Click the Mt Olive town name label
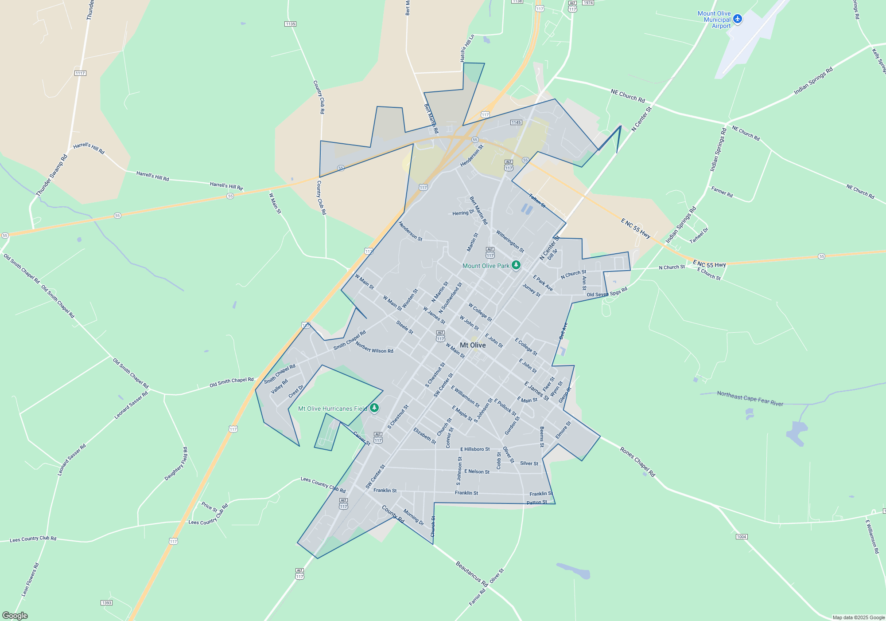(x=473, y=345)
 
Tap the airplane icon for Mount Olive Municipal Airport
(x=737, y=19)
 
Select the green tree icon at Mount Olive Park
(x=516, y=265)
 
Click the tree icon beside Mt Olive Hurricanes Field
(x=374, y=408)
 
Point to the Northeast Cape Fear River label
(x=750, y=398)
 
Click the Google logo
(x=15, y=616)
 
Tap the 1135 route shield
(x=290, y=24)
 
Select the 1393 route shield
(x=106, y=603)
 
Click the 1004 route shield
(x=742, y=537)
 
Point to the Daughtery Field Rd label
(x=176, y=464)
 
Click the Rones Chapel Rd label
(x=637, y=462)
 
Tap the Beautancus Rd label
(x=471, y=574)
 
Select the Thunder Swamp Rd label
(x=51, y=176)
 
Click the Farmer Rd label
(x=722, y=192)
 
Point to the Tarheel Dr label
(x=699, y=236)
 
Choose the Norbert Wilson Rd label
(x=374, y=347)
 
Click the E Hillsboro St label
(x=474, y=449)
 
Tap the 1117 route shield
(x=80, y=73)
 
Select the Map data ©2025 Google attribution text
(x=858, y=617)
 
